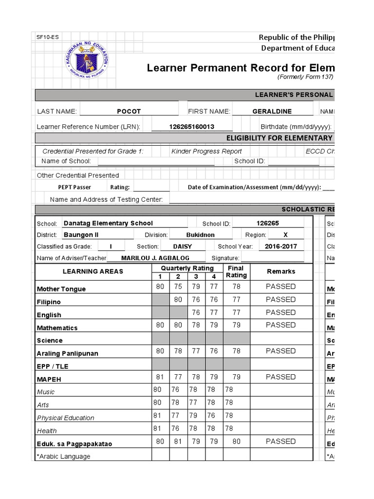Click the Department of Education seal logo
(87, 63)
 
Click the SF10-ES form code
(46, 38)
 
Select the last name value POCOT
(129, 111)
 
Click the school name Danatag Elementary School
(108, 223)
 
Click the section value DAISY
(183, 247)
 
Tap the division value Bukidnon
(200, 235)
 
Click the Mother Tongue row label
(61, 289)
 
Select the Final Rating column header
(236, 272)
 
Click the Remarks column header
(280, 271)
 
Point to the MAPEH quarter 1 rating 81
(160, 377)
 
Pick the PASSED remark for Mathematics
(280, 325)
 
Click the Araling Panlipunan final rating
(236, 351)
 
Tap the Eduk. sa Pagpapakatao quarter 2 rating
(178, 441)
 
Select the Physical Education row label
(66, 418)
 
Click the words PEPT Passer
(75, 187)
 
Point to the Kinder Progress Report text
(206, 152)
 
